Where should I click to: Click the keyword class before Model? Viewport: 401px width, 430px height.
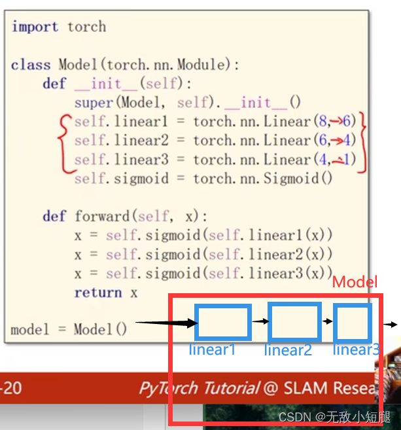point(30,65)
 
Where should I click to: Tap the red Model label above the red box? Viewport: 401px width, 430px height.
point(355,282)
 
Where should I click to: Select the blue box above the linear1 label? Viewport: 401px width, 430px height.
point(224,322)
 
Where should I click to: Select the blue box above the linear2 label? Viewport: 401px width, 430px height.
point(294,321)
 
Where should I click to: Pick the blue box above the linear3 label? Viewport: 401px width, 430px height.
point(353,321)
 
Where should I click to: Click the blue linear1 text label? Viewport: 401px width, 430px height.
point(212,349)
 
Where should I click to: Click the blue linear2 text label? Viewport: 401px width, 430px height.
point(288,350)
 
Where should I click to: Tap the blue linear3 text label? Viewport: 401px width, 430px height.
point(356,349)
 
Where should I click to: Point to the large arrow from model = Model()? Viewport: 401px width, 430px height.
point(166,322)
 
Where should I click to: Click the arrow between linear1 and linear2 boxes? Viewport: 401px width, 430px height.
point(260,321)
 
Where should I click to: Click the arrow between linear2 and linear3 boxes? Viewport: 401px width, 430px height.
point(327,321)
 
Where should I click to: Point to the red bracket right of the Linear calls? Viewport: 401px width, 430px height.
point(362,141)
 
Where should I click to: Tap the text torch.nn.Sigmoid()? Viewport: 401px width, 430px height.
point(264,179)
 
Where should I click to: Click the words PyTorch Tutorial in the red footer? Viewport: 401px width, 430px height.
point(198,388)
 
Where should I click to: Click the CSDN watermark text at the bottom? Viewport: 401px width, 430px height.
point(334,416)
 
